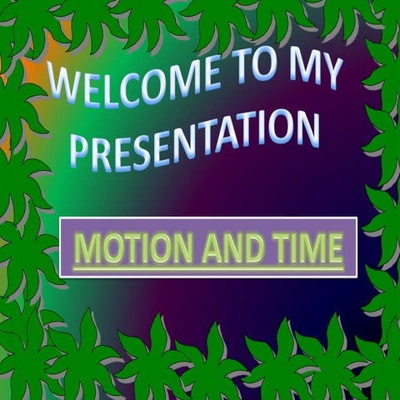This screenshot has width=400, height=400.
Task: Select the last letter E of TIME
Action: pyautogui.click(x=333, y=248)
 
